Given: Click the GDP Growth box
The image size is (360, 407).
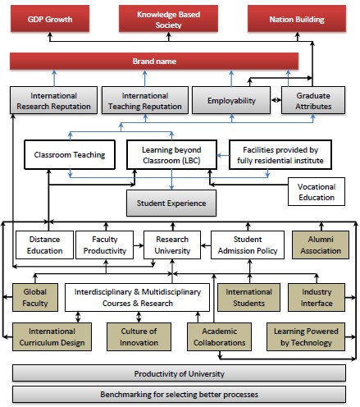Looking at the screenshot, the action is point(50,19).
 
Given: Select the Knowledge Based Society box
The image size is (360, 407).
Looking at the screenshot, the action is point(168,19).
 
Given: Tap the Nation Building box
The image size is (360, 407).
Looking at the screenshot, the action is point(297,19).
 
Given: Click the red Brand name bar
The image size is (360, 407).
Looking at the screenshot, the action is point(154,61).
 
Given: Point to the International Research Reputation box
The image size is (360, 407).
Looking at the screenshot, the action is point(53,100).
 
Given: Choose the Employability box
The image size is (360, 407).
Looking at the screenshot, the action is point(231,100).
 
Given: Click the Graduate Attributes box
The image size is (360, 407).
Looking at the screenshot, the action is point(313,100).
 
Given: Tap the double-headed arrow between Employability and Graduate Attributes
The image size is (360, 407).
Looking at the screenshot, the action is point(276,100).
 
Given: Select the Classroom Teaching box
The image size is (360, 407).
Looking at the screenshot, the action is point(70,155).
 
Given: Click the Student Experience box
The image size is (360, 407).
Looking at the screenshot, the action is point(171,203).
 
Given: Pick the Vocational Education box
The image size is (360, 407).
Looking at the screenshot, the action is point(317,192).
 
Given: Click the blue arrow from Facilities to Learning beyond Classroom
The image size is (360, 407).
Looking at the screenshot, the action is point(223,155).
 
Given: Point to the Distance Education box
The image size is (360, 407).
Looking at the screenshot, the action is point(44,245).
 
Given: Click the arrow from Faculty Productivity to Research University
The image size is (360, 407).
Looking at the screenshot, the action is point(139,245).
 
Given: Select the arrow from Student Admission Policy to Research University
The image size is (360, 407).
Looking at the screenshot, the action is point(206,245).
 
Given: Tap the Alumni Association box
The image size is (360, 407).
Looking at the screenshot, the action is point(321,245).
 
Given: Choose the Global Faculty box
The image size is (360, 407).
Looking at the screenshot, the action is point(35,297).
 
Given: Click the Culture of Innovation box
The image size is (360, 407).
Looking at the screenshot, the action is point(139,336).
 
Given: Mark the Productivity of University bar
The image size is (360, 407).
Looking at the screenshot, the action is point(179,373).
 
